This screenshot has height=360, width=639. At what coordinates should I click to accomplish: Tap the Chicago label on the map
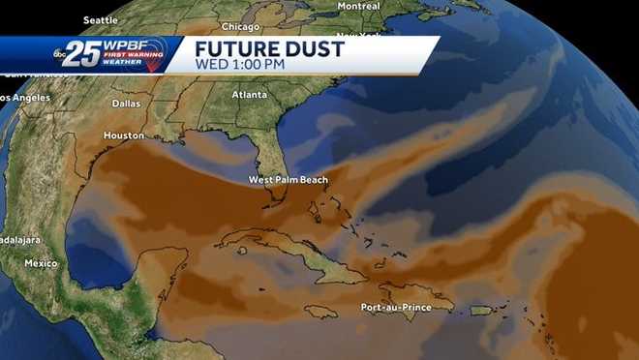(240, 27)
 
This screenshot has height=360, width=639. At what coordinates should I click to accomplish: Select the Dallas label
(126, 103)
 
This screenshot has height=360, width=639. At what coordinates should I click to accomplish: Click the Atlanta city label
(250, 95)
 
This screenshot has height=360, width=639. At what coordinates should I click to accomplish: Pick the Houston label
(123, 135)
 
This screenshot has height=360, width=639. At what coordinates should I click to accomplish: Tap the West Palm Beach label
(288, 179)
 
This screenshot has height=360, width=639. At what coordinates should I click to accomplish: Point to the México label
(41, 263)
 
